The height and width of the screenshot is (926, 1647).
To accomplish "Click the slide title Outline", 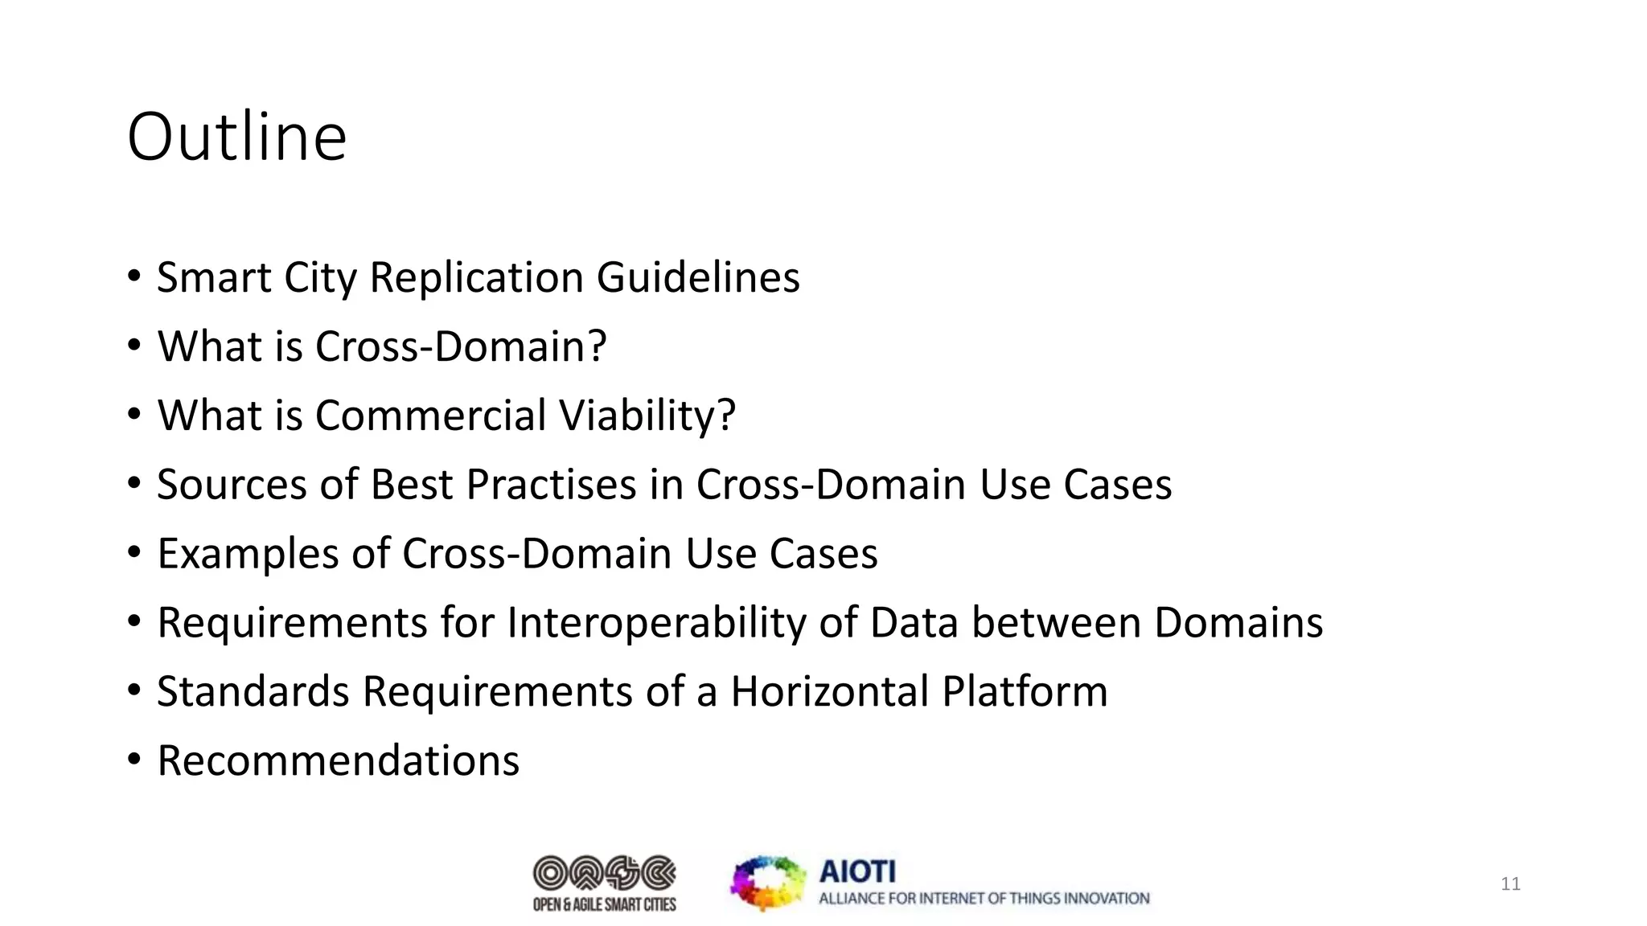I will pyautogui.click(x=236, y=137).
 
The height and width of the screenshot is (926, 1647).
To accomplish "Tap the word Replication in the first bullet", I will pyautogui.click(x=476, y=278).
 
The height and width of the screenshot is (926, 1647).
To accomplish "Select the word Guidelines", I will pyautogui.click(x=698, y=278).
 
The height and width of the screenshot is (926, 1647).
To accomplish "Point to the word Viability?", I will pyautogui.click(x=647, y=416).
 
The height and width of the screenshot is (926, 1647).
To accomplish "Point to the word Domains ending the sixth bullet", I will pyautogui.click(x=1238, y=623).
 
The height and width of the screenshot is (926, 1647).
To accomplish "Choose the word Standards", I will pyautogui.click(x=253, y=692).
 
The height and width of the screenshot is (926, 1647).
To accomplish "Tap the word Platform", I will pyautogui.click(x=1025, y=692).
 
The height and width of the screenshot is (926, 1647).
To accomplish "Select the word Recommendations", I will pyautogui.click(x=339, y=761).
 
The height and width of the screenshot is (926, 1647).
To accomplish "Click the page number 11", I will pyautogui.click(x=1510, y=884).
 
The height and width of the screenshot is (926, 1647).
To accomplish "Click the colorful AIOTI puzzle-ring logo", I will pyautogui.click(x=767, y=883).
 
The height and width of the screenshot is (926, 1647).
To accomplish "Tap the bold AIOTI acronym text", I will pyautogui.click(x=856, y=871).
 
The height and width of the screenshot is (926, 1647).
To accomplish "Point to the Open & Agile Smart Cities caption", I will pyautogui.click(x=605, y=905).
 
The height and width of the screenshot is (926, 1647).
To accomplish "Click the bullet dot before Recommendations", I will pyautogui.click(x=134, y=758).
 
